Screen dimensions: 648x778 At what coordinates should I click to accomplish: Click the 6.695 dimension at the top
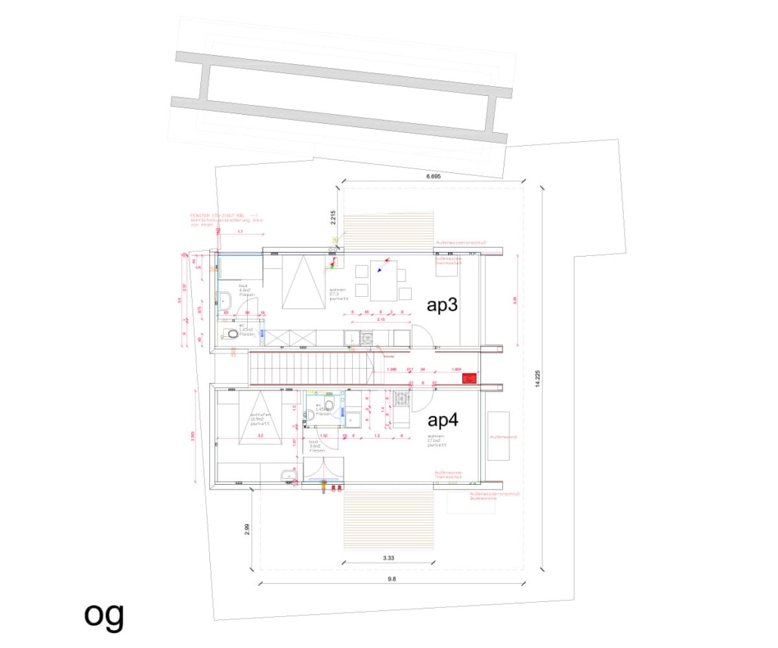pyautogui.click(x=433, y=176)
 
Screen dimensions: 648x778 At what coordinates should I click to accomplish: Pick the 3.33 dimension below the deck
pyautogui.click(x=388, y=558)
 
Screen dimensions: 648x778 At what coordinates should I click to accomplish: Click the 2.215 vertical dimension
pyautogui.click(x=332, y=218)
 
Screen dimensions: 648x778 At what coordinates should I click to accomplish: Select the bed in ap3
pyautogui.click(x=304, y=281)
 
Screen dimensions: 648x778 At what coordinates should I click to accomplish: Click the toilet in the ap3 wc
pyautogui.click(x=232, y=334)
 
